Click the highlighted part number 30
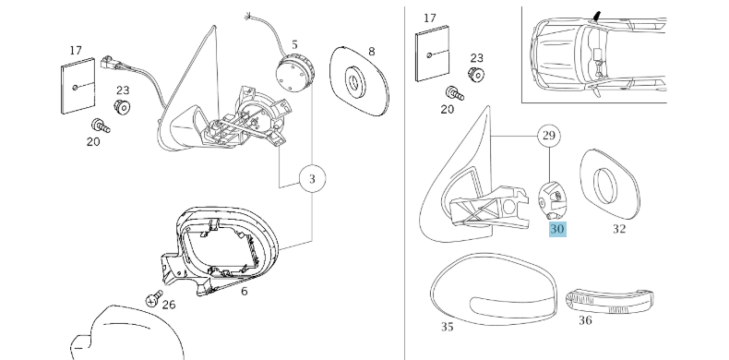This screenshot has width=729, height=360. pyautogui.click(x=557, y=229)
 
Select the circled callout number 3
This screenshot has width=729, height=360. pyautogui.click(x=312, y=178)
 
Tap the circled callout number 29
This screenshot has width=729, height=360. pyautogui.click(x=549, y=136)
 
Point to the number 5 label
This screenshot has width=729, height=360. pyautogui.click(x=294, y=45)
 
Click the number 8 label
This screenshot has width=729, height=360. pyautogui.click(x=372, y=51)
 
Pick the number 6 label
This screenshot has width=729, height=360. pyautogui.click(x=245, y=292)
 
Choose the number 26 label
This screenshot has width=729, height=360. pyautogui.click(x=169, y=305)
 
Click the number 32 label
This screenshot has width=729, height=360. pyautogui.click(x=619, y=229)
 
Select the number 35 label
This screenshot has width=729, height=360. pyautogui.click(x=447, y=327)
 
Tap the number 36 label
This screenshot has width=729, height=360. pyautogui.click(x=585, y=320)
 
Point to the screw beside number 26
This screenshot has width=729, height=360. pyautogui.click(x=154, y=298)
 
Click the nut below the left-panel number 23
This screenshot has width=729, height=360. pyautogui.click(x=123, y=107)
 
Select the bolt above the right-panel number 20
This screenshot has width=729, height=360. pyautogui.click(x=454, y=93)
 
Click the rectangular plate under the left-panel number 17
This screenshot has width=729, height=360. pyautogui.click(x=78, y=86)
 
